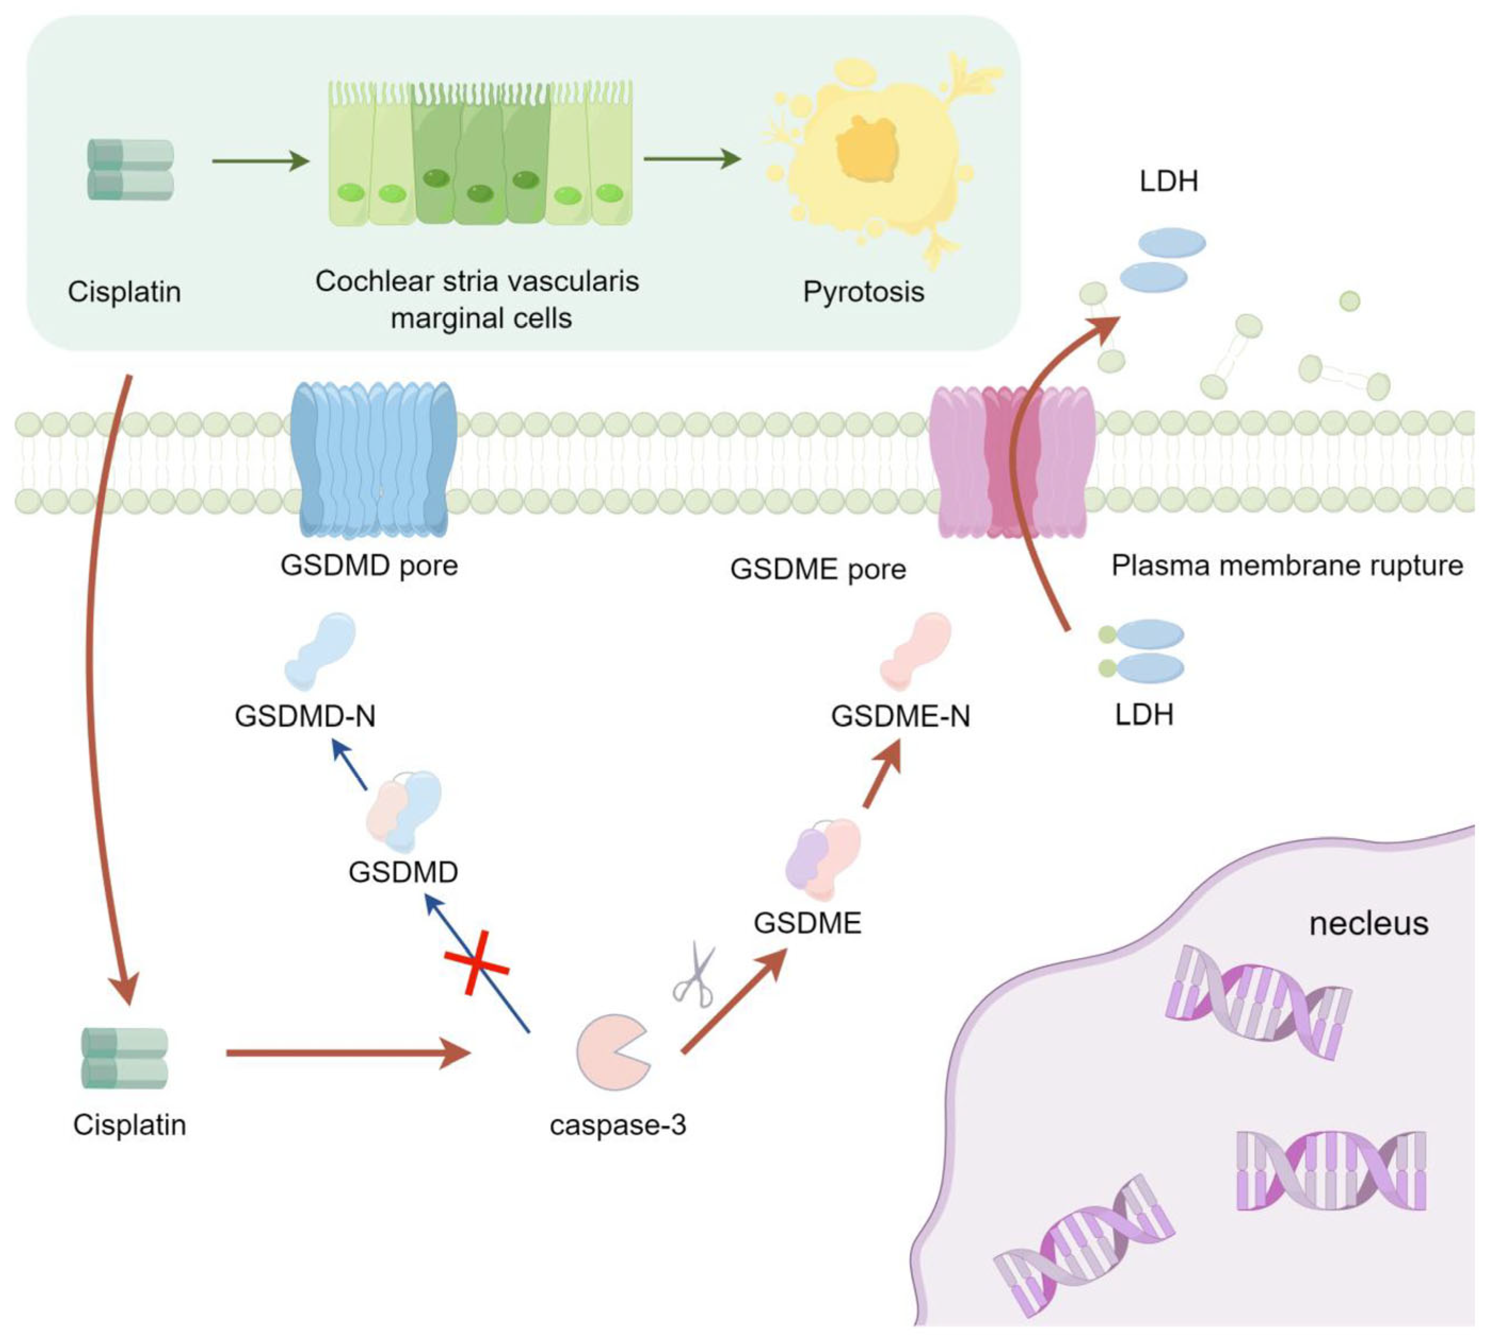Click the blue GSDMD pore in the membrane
tap(372, 459)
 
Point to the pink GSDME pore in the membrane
tap(1011, 461)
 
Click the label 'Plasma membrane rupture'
tap(1286, 566)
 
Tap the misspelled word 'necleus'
tap(1368, 924)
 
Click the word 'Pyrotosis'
tap(863, 292)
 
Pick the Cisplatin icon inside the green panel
tap(131, 170)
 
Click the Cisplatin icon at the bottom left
tap(124, 1058)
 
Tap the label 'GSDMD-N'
tap(305, 716)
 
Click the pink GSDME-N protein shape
tap(916, 650)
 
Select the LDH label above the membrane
tap(1168, 181)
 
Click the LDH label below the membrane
tap(1144, 714)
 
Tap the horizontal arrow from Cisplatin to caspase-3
tap(347, 1052)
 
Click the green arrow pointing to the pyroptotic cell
tap(692, 159)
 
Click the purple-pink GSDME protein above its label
tap(822, 858)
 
